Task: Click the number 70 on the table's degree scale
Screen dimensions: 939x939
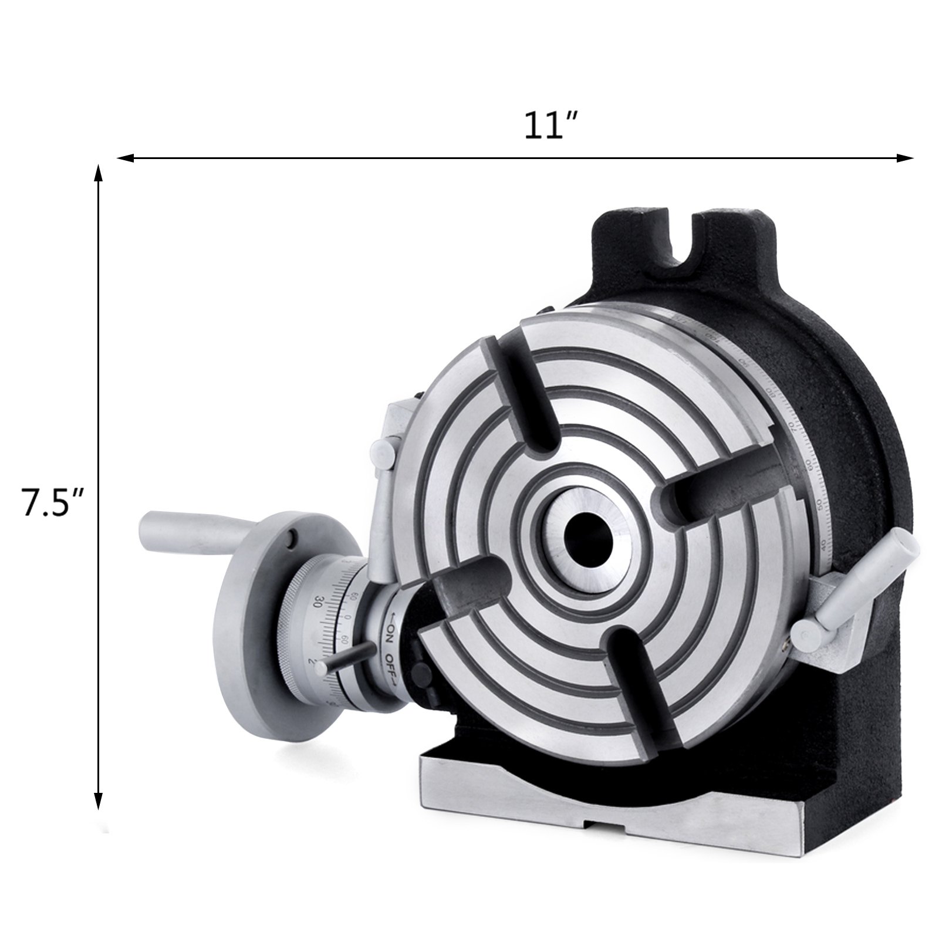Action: point(789,425)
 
